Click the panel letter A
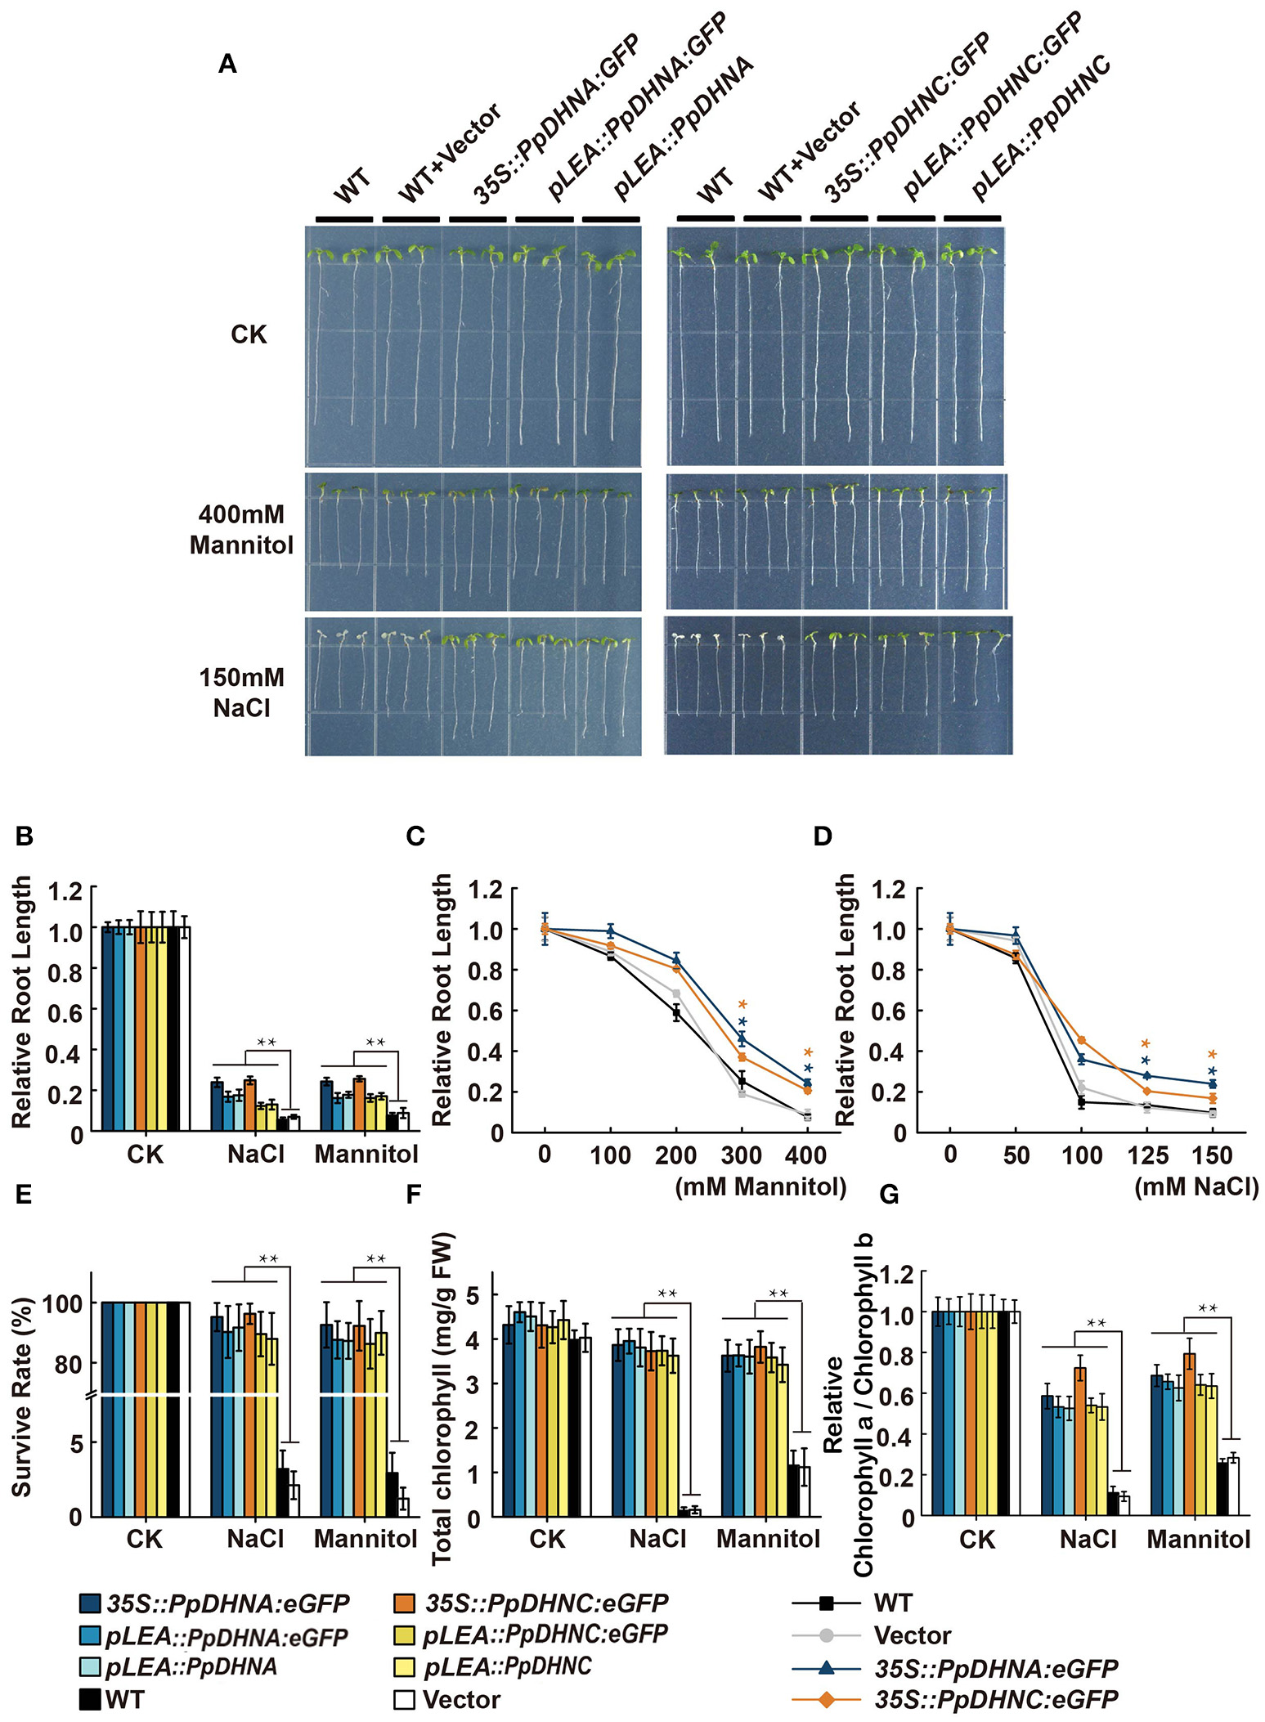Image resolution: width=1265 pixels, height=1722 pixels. [227, 64]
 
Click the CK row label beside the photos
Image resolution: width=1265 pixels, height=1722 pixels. [249, 335]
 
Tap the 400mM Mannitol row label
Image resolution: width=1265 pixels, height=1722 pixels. [241, 530]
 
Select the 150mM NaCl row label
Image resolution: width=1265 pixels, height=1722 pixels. [241, 693]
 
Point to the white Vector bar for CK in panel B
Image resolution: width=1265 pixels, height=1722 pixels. [184, 1029]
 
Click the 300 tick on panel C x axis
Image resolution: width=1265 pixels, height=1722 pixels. [741, 1155]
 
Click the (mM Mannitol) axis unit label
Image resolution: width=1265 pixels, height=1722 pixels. [760, 1186]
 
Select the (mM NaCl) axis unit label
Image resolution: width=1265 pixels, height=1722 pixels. [1196, 1186]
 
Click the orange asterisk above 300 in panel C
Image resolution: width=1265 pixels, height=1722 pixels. [742, 1005]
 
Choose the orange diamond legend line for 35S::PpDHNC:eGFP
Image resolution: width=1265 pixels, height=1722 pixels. [827, 1699]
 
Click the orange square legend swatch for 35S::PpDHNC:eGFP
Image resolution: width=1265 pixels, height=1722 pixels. [404, 1603]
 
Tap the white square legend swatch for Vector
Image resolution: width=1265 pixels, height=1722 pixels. [404, 1699]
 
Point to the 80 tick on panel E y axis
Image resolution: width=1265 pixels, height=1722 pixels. [68, 1364]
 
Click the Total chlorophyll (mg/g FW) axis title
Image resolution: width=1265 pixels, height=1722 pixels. [442, 1398]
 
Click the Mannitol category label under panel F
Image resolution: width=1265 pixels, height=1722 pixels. [768, 1538]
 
